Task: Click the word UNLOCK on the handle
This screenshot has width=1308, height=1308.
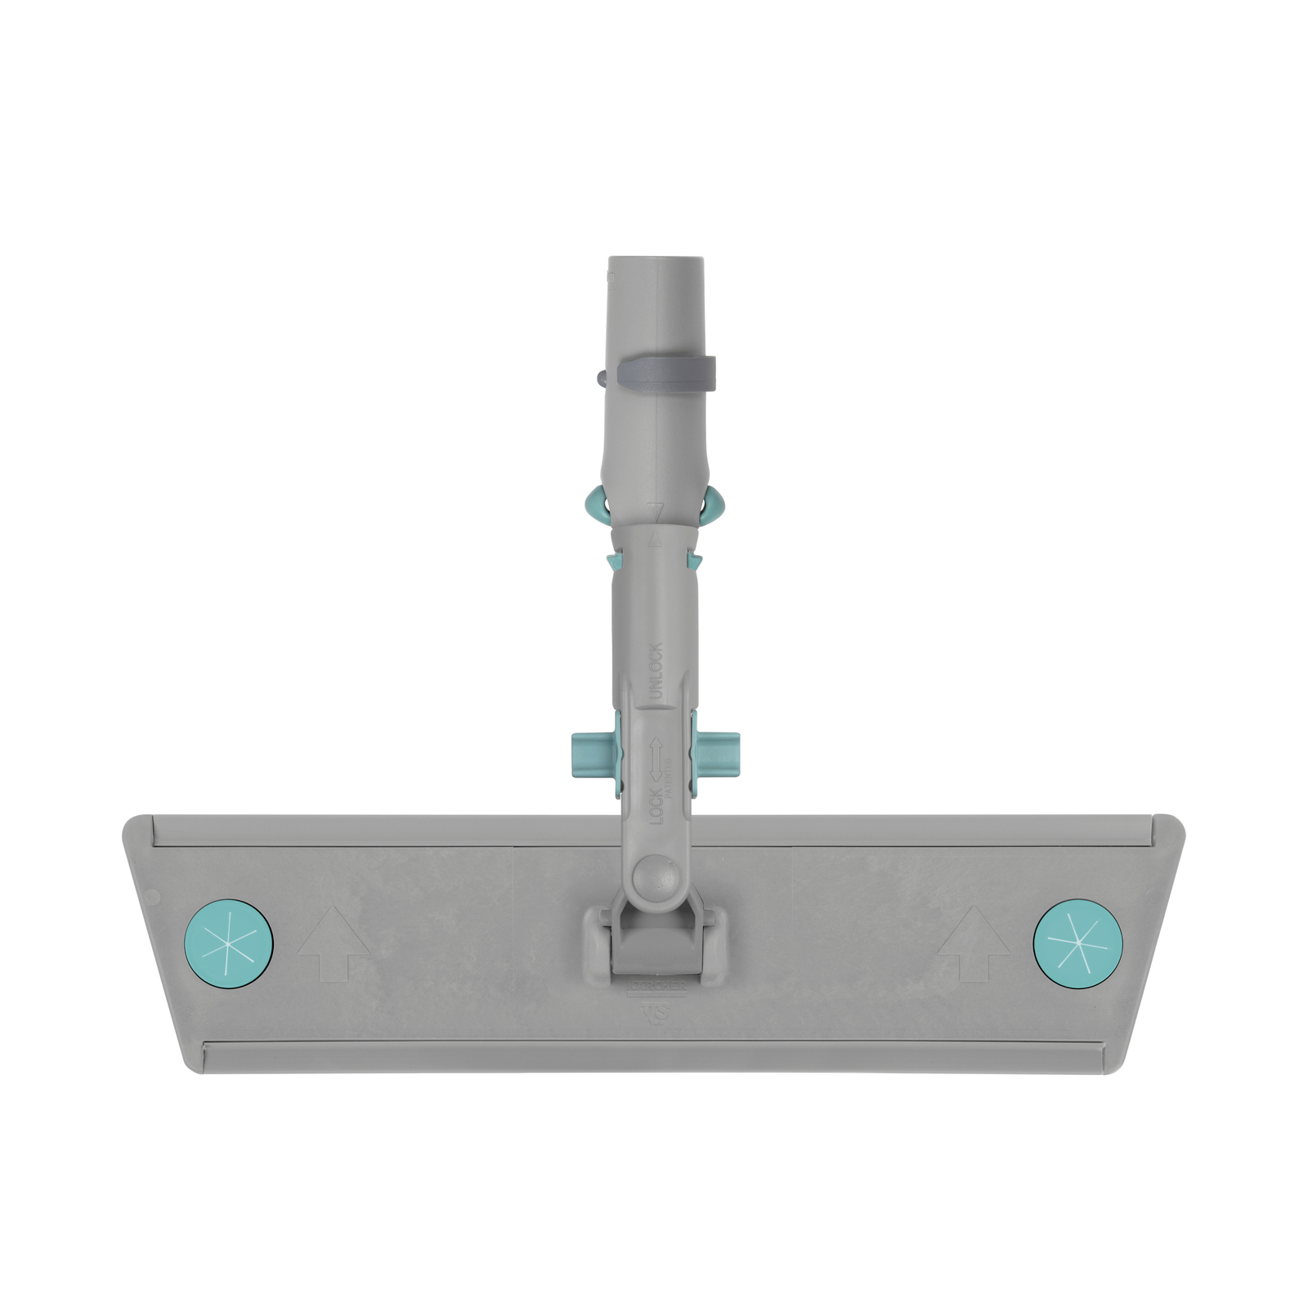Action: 656,671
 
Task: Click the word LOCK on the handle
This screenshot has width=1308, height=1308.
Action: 656,804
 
